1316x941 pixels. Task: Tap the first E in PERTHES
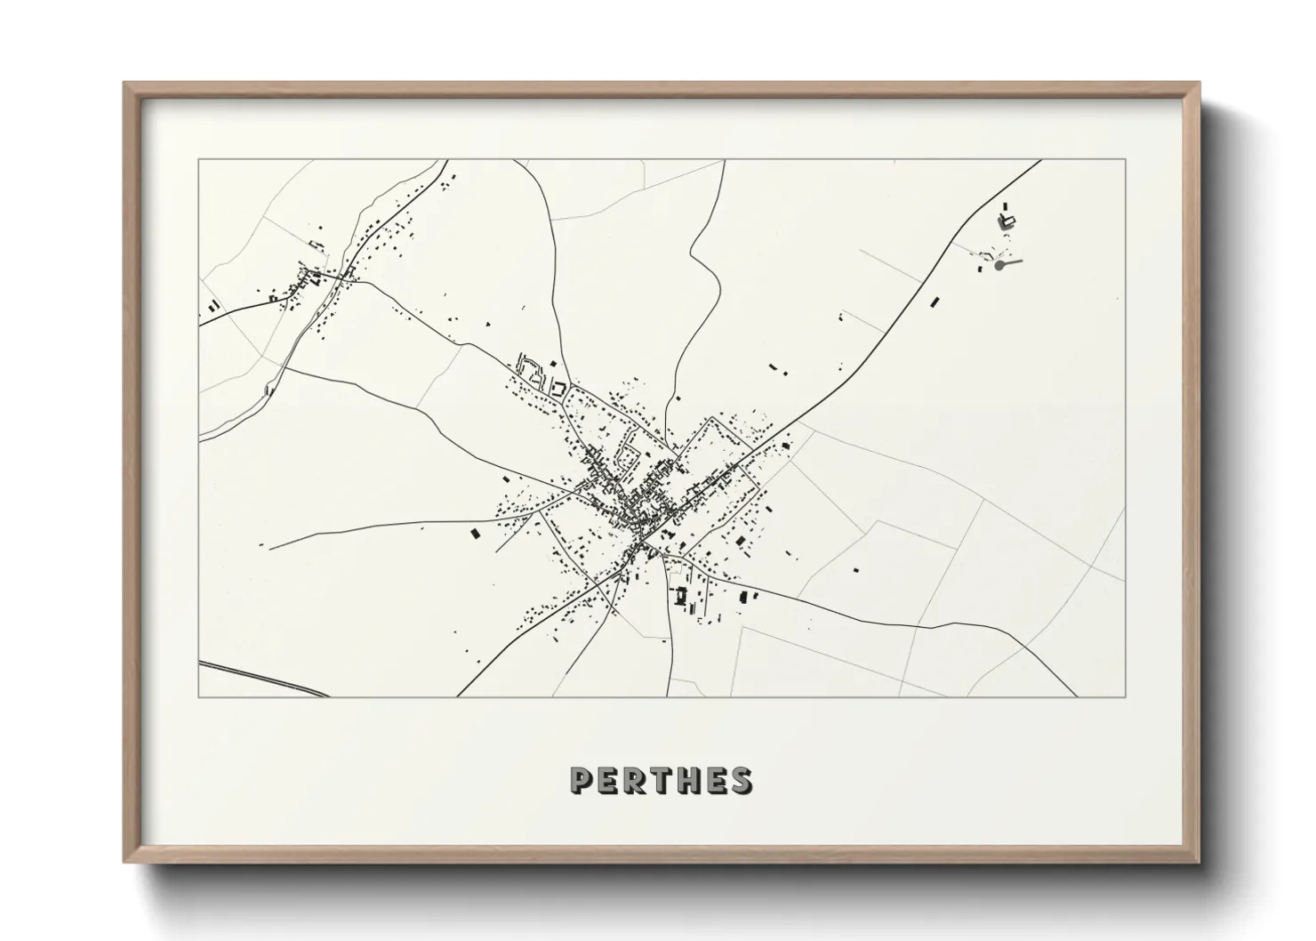coord(609,780)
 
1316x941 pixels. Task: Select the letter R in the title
coord(637,780)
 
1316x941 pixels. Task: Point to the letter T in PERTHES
coord(662,780)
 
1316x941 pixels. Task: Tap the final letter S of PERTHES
coord(742,780)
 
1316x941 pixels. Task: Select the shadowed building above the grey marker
coord(1006,221)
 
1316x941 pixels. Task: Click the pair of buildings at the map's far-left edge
coord(213,306)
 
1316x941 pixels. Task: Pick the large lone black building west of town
coord(474,534)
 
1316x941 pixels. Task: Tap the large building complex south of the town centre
coord(683,596)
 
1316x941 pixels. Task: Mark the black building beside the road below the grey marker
coord(935,302)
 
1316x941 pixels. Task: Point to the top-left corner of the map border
coord(198,160)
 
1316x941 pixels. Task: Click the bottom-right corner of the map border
coord(1126,696)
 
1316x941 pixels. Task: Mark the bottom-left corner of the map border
coord(198,696)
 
